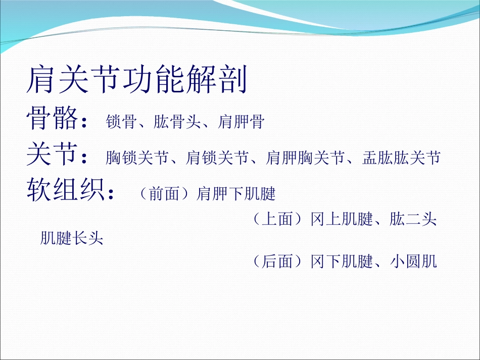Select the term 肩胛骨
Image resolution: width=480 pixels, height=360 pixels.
click(x=241, y=122)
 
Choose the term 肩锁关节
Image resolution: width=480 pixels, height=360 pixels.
click(x=217, y=158)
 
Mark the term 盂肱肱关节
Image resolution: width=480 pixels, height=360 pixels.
click(x=402, y=158)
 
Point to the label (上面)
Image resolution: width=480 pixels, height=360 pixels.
click(x=278, y=220)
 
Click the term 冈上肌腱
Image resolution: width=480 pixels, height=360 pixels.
click(x=342, y=220)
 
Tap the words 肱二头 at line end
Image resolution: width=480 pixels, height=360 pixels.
click(x=413, y=220)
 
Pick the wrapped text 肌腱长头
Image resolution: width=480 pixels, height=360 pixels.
click(x=72, y=238)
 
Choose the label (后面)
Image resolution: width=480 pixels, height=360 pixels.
click(x=278, y=262)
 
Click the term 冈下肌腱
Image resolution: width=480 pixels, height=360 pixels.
click(x=342, y=262)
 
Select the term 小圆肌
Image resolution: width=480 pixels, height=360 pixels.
click(x=413, y=262)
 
